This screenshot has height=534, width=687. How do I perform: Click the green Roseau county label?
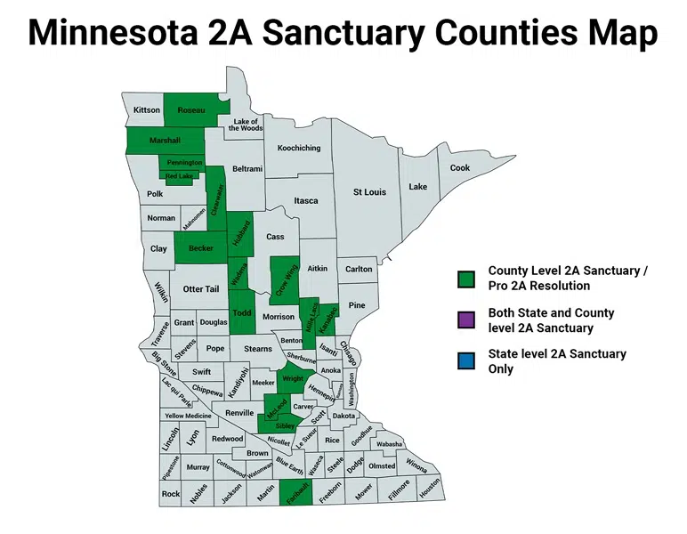click(x=190, y=109)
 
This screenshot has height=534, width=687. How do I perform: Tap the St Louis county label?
click(x=369, y=192)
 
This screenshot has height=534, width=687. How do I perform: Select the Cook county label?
click(x=459, y=167)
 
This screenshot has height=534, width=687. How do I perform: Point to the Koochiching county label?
click(x=298, y=148)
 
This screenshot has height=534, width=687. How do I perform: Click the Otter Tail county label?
click(x=200, y=289)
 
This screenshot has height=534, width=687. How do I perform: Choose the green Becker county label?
click(x=201, y=248)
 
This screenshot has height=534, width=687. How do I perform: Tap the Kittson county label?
click(x=147, y=110)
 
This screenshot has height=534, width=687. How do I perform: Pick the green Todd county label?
click(x=241, y=312)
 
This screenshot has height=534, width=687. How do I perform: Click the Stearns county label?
click(x=258, y=349)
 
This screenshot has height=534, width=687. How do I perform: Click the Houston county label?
click(x=429, y=489)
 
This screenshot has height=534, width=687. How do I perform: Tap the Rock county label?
click(x=171, y=494)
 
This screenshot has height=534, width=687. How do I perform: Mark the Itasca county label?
click(x=305, y=201)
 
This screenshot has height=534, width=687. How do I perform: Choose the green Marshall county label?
click(x=165, y=141)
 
